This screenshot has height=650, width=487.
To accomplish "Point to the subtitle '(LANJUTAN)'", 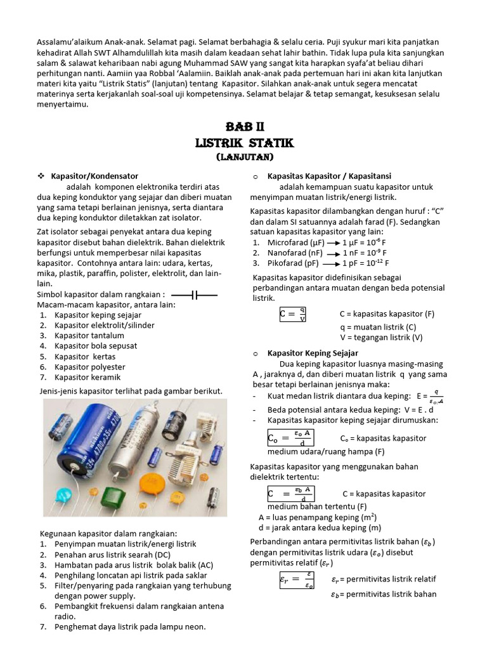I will tap(243, 156).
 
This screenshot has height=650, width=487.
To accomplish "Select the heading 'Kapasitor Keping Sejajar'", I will tap(313, 353).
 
